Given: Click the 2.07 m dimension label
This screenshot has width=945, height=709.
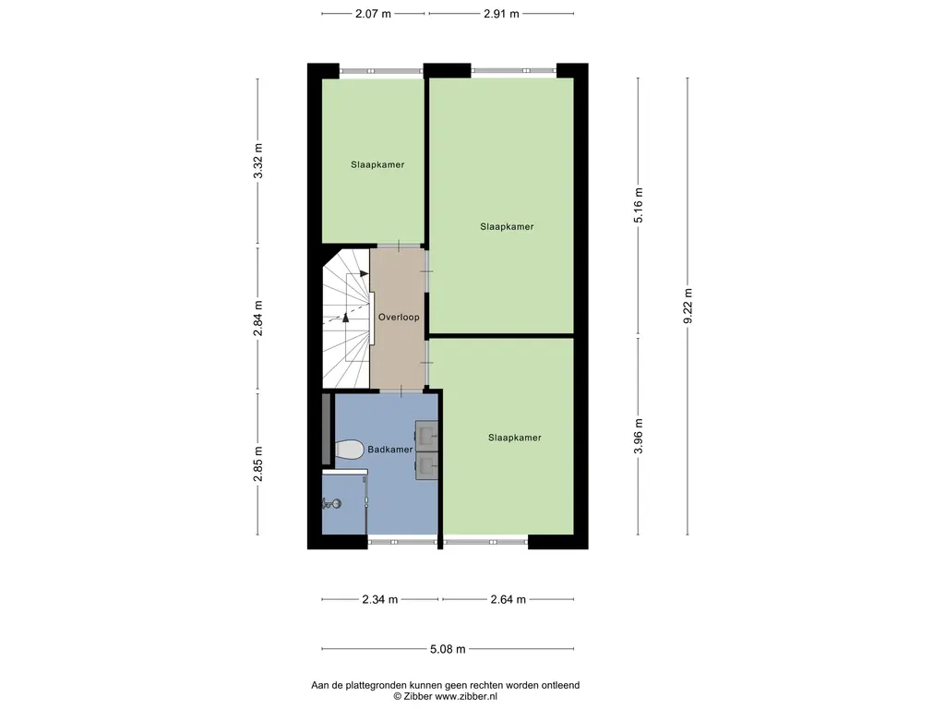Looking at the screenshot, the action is [x=373, y=13].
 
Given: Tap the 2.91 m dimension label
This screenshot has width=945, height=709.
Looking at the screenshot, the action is [x=501, y=13].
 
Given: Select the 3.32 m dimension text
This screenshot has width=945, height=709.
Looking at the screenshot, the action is [x=258, y=161].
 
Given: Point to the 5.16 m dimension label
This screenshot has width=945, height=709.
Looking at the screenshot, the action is [x=639, y=206].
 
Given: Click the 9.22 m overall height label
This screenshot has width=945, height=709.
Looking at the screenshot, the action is [x=688, y=306].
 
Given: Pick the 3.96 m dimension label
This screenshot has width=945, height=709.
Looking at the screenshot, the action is [x=639, y=437].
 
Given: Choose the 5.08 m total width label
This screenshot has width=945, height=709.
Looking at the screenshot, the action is [x=448, y=649].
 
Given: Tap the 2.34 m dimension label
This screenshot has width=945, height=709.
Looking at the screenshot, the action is [x=379, y=599].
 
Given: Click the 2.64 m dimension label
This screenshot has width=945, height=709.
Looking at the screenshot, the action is [x=508, y=599].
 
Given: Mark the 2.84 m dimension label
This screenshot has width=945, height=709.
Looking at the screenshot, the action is [x=258, y=318].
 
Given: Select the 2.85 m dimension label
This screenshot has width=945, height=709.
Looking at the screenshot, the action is [x=258, y=463].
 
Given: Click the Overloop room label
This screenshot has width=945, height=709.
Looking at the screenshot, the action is [x=399, y=318].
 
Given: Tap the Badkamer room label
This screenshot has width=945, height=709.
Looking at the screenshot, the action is [x=390, y=450].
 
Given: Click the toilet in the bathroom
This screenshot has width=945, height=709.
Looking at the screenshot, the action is [x=349, y=450].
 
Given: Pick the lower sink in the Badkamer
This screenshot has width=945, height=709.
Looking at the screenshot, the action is [x=426, y=465].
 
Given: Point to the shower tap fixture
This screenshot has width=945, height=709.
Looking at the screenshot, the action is [x=332, y=503].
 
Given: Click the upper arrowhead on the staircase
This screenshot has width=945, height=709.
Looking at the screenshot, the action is [x=364, y=273].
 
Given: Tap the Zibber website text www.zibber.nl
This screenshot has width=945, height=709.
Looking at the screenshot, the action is [x=466, y=696].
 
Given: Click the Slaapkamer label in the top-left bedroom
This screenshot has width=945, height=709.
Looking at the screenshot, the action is [x=377, y=164].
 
